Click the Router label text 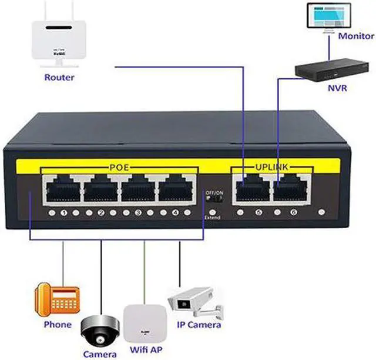pyautogui.click(x=59, y=77)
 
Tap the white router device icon pyautogui.click(x=59, y=41)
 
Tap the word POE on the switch pyautogui.click(x=119, y=168)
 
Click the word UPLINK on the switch pyautogui.click(x=271, y=168)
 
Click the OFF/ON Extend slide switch pyautogui.click(x=213, y=201)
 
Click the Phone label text pyautogui.click(x=57, y=325)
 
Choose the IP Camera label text pyautogui.click(x=200, y=325)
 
